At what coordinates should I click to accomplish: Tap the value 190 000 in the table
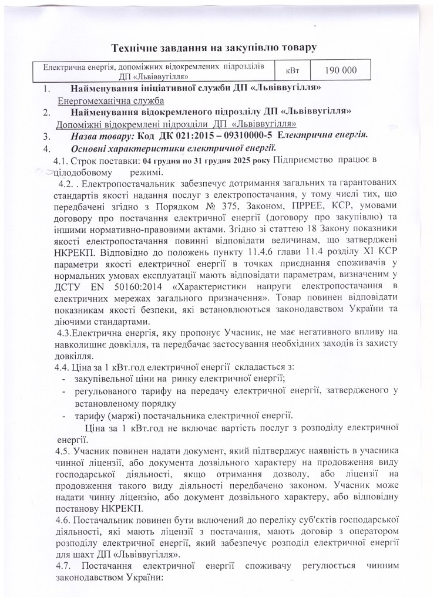pos(341,70)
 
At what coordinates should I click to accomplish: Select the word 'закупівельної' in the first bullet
pos(103,378)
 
